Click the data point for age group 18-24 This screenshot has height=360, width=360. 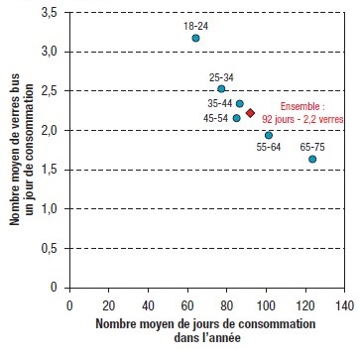[196, 38]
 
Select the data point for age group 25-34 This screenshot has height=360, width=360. [221, 89]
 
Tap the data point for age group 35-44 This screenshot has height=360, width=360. [239, 103]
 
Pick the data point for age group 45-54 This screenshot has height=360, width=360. [236, 118]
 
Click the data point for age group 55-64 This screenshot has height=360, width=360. [268, 135]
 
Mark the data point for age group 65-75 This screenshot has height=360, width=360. [312, 159]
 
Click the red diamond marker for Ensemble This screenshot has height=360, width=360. [251, 113]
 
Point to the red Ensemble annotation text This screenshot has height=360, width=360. [303, 111]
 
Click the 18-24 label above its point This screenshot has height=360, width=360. [195, 24]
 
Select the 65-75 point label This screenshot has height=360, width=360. [312, 145]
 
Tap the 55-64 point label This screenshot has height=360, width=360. [269, 148]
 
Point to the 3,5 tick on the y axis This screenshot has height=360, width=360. [48, 13]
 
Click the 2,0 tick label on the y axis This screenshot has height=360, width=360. [48, 130]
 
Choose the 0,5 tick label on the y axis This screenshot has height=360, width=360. [48, 248]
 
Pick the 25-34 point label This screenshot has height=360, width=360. [222, 75]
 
